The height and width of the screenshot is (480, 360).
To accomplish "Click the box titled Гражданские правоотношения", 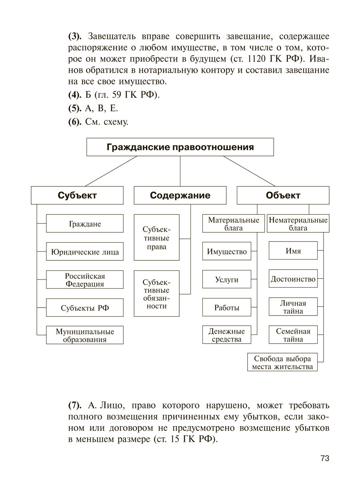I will pyautogui.click(x=180, y=147).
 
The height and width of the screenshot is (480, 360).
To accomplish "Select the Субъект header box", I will pyautogui.click(x=77, y=196).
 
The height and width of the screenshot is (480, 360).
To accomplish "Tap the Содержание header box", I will pyautogui.click(x=180, y=196).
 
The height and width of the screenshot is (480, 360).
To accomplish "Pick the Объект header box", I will pyautogui.click(x=283, y=196).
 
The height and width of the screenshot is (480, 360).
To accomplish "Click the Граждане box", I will pyautogui.click(x=85, y=224).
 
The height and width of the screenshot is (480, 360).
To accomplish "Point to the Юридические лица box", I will pyautogui.click(x=85, y=252).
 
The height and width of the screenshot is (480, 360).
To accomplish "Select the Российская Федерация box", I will pyautogui.click(x=85, y=280).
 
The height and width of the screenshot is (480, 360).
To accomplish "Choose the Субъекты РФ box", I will pyautogui.click(x=85, y=308).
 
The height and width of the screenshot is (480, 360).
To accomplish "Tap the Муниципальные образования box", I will pyautogui.click(x=85, y=336).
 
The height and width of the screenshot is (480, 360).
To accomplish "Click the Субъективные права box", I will pyautogui.click(x=156, y=238).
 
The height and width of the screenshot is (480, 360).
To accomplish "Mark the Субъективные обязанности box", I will pyautogui.click(x=156, y=294).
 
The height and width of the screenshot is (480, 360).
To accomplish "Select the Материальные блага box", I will pyautogui.click(x=234, y=224).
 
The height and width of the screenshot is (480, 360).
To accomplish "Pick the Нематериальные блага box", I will pyautogui.click(x=298, y=224).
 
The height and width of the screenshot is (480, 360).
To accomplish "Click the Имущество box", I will pyautogui.click(x=227, y=252).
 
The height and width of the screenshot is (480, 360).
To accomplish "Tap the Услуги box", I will pyautogui.click(x=227, y=280).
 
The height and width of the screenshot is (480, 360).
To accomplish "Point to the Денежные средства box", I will pyautogui.click(x=227, y=335).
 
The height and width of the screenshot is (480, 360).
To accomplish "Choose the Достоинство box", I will pyautogui.click(x=293, y=280).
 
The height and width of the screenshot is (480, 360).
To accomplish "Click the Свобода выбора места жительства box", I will pyautogui.click(x=282, y=362).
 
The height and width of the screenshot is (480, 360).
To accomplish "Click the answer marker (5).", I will pyautogui.click(x=75, y=108).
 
